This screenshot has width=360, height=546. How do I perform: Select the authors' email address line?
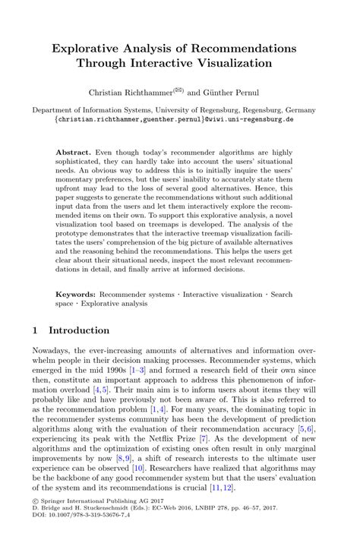click(x=180, y=120)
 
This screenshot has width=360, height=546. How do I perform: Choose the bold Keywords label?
click(x=78, y=293)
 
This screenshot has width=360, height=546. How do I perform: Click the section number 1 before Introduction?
click(x=36, y=330)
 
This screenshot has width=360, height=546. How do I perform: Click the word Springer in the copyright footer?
click(x=59, y=524)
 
